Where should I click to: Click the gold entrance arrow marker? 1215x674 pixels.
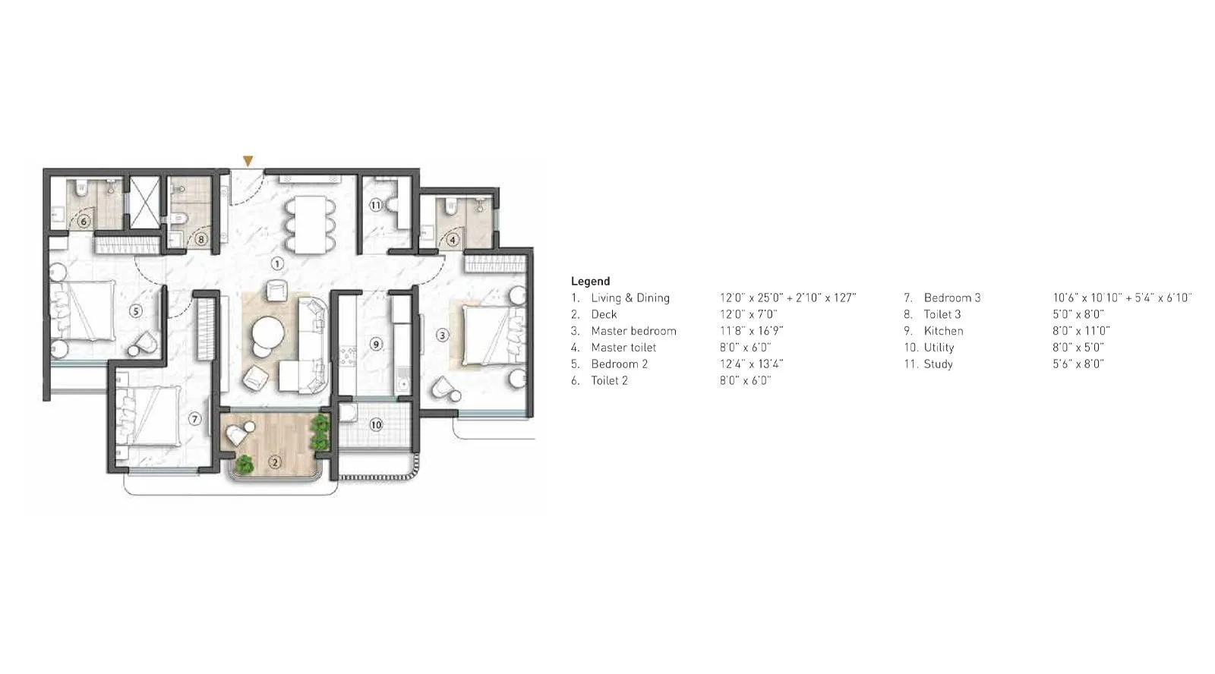[248, 161]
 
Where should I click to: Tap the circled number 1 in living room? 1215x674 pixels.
[277, 263]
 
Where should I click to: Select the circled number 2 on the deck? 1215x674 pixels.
[275, 461]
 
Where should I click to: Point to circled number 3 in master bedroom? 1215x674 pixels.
[443, 335]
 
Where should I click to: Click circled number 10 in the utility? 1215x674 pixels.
[376, 425]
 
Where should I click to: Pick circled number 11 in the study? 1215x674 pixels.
[376, 205]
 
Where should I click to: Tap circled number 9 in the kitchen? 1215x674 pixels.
[376, 344]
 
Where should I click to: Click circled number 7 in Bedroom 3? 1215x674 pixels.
[195, 419]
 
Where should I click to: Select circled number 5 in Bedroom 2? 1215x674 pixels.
[135, 310]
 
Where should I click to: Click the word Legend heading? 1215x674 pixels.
[590, 281]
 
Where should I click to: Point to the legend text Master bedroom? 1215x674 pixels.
[633, 331]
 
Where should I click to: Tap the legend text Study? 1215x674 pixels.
[938, 364]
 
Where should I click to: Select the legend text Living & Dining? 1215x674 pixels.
[630, 298]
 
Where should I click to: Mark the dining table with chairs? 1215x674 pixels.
[309, 224]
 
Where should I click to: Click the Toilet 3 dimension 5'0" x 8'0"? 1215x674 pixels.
[1078, 314]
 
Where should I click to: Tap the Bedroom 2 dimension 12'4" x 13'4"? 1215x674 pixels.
[751, 364]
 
